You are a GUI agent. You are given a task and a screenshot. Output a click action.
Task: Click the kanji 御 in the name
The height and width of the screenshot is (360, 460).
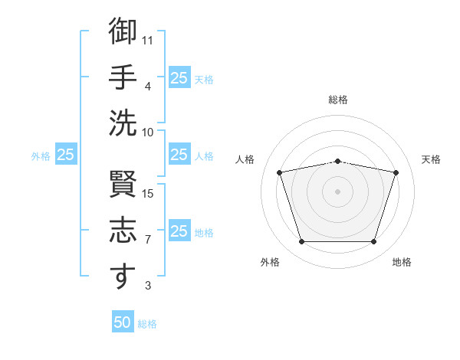123,31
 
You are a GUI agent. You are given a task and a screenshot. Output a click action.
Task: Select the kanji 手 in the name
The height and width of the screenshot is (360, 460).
123,77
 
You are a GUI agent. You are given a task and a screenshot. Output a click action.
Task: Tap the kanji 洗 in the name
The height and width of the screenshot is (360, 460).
123,123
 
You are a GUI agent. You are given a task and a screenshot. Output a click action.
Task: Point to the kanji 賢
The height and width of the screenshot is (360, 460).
123,184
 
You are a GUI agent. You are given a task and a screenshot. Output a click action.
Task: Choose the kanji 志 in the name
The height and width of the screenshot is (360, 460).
123,230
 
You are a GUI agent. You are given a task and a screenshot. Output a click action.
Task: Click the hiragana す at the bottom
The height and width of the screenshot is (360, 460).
123,276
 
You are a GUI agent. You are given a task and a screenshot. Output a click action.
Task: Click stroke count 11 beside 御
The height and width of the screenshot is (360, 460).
147,41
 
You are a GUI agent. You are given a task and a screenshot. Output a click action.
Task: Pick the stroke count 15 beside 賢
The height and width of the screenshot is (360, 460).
147,194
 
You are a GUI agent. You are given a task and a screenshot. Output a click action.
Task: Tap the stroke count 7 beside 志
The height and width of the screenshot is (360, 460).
148,240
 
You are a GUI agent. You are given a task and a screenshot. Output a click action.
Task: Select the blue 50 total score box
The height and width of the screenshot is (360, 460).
123,321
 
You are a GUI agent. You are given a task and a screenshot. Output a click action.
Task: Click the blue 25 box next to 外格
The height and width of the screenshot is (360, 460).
66,154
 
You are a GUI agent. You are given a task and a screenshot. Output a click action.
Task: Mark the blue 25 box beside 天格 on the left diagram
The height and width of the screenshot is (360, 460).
179,77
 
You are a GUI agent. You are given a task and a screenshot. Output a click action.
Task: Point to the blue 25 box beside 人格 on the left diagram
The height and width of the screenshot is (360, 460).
179,154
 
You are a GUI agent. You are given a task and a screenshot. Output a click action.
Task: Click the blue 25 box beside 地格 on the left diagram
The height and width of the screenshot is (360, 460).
179,230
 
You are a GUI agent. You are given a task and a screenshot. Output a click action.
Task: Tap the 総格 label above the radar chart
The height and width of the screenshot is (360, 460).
338,100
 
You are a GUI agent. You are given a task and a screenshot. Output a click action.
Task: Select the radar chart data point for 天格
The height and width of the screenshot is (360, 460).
396,172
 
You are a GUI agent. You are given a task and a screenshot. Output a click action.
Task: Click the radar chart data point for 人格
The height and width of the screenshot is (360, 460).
279,172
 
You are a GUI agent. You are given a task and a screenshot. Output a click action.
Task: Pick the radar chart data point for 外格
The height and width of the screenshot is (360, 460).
302,241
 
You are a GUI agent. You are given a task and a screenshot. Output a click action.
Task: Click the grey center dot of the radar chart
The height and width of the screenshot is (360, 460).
337,191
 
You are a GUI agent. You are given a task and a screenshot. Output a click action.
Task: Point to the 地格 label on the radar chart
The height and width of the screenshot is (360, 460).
402,262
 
